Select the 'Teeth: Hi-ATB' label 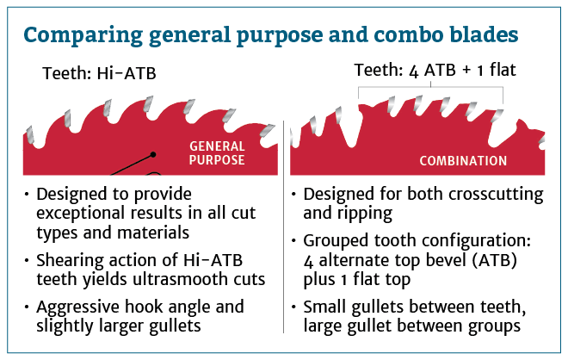(99, 73)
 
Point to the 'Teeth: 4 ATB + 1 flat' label (435, 70)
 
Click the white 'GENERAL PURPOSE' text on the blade (217, 153)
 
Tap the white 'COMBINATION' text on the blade (463, 160)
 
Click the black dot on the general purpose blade (153, 154)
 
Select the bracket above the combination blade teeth (430, 87)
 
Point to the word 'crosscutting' (496, 195)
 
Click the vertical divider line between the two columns (284, 227)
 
